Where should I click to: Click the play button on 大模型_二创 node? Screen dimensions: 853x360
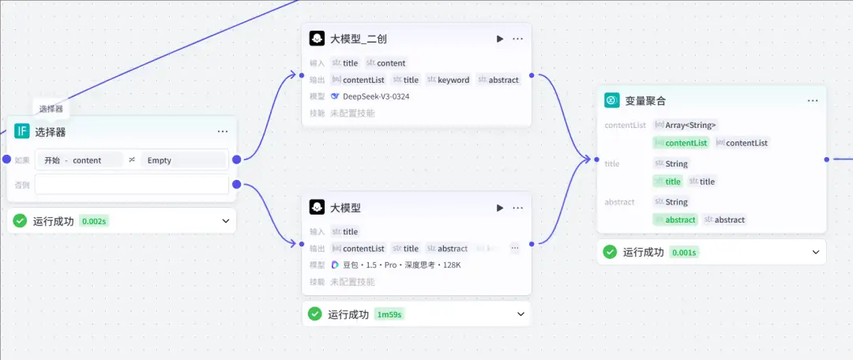pyautogui.click(x=499, y=38)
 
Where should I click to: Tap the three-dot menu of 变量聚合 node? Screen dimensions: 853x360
pyautogui.click(x=813, y=100)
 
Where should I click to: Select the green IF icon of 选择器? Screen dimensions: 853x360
pyautogui.click(x=22, y=131)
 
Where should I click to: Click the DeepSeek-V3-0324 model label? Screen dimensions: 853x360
pyautogui.click(x=375, y=96)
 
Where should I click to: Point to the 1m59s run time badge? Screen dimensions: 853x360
pyautogui.click(x=389, y=314)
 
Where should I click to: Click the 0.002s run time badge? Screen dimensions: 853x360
pyautogui.click(x=94, y=221)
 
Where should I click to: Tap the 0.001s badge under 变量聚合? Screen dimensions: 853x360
pyautogui.click(x=684, y=252)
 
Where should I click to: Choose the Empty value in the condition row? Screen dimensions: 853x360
pyautogui.click(x=160, y=159)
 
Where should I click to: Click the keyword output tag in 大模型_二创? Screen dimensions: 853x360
pyautogui.click(x=453, y=80)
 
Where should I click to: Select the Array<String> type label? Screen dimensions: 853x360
pyautogui.click(x=690, y=125)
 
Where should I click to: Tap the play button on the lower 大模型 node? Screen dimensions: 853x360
pyautogui.click(x=499, y=208)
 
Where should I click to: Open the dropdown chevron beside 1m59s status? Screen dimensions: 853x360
pyautogui.click(x=520, y=314)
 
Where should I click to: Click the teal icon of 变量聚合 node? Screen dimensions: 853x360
pyautogui.click(x=611, y=100)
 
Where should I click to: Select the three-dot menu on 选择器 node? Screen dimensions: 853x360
pyautogui.click(x=223, y=131)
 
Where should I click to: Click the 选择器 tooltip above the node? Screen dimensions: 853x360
pyautogui.click(x=51, y=109)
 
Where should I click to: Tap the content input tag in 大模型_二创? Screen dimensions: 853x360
pyautogui.click(x=391, y=63)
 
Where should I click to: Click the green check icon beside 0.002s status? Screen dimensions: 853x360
pyautogui.click(x=21, y=221)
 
